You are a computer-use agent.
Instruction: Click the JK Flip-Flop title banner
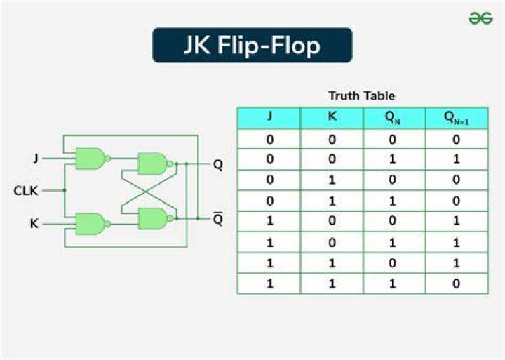(252, 45)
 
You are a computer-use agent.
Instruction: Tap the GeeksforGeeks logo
(480, 18)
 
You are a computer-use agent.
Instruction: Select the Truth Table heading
(362, 95)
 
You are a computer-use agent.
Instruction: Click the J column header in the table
(269, 116)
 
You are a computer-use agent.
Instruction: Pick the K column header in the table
(332, 116)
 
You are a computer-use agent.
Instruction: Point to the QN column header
(393, 117)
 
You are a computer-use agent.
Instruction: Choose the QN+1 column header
(457, 118)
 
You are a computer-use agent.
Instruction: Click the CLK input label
(26, 191)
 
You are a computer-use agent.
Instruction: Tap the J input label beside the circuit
(36, 158)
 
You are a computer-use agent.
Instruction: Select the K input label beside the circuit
(34, 224)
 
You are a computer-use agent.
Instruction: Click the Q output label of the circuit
(218, 165)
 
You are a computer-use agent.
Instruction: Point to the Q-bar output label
(218, 219)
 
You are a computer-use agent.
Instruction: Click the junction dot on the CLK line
(65, 190)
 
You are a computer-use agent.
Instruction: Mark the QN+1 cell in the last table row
(457, 284)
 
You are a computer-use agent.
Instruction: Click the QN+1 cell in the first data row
(457, 139)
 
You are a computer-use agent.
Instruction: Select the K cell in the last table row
(332, 284)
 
